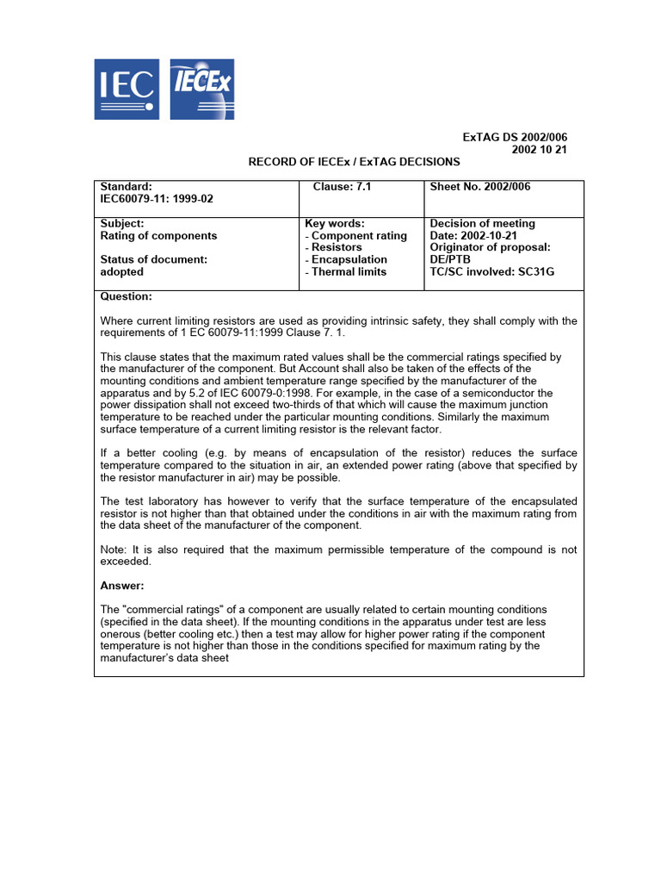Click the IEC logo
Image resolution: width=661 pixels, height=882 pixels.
pyautogui.click(x=126, y=89)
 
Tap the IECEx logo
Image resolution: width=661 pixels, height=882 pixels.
pyautogui.click(x=201, y=89)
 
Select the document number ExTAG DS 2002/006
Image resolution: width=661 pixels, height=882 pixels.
pyautogui.click(x=515, y=137)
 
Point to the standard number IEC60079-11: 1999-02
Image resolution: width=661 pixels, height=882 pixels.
pyautogui.click(x=157, y=198)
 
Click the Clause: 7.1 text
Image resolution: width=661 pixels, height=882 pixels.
pyautogui.click(x=342, y=186)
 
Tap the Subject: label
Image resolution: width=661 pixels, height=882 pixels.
pyautogui.click(x=122, y=223)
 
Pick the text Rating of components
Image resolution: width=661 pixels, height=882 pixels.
pyautogui.click(x=158, y=235)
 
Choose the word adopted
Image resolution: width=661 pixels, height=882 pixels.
pyautogui.click(x=122, y=271)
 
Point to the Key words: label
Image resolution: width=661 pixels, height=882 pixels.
pyautogui.click(x=335, y=223)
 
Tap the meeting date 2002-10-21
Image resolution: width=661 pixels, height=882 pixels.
pyautogui.click(x=488, y=235)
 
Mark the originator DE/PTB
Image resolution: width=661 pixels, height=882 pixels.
pyautogui.click(x=450, y=259)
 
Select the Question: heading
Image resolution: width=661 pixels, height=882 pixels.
pyautogui.click(x=127, y=296)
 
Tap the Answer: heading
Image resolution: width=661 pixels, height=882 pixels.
pyautogui.click(x=122, y=585)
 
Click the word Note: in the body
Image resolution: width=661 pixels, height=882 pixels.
pyautogui.click(x=114, y=550)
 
